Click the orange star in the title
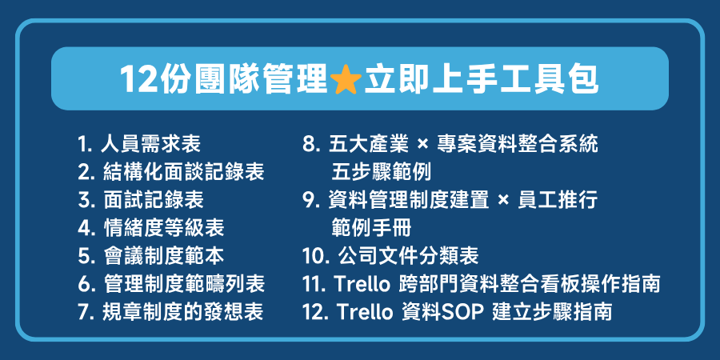tap(346, 79)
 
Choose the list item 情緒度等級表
tap(162, 227)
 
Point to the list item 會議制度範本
tap(162, 255)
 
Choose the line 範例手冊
tap(370, 228)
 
